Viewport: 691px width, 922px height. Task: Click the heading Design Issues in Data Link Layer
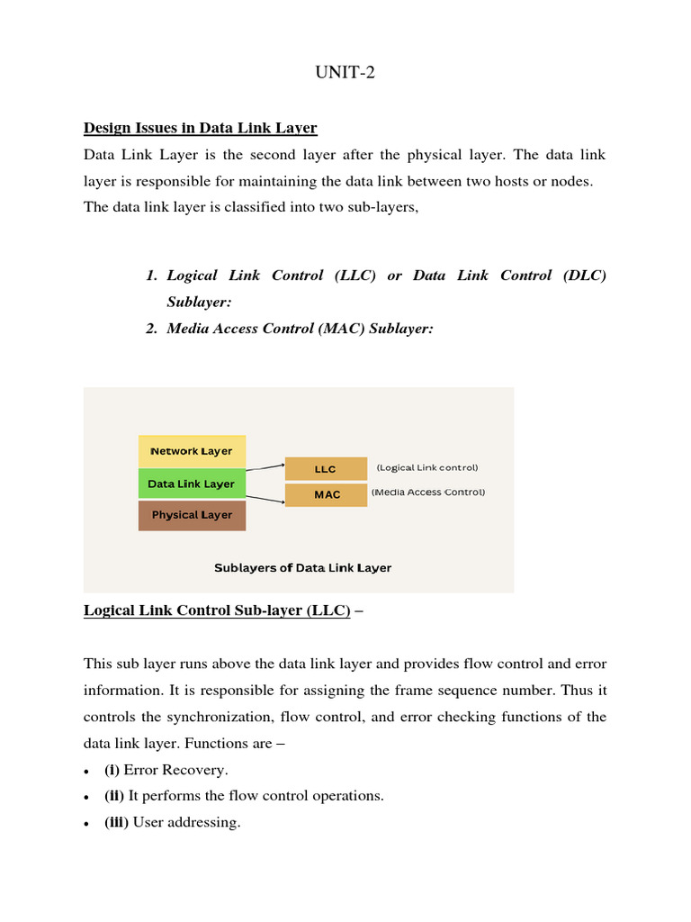200,128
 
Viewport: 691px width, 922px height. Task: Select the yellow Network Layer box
191,451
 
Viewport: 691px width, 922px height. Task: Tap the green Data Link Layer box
191,484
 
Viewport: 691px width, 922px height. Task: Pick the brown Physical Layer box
191,515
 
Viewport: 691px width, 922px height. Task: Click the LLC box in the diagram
326,469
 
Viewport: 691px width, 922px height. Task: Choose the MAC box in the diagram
326,494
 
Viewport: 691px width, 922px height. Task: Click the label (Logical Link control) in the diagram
427,467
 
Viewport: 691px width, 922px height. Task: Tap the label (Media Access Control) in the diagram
428,493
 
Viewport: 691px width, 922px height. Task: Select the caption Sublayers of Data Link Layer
302,568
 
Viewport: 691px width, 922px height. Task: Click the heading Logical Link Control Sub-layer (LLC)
217,610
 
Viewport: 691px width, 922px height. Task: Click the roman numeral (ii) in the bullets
116,796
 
